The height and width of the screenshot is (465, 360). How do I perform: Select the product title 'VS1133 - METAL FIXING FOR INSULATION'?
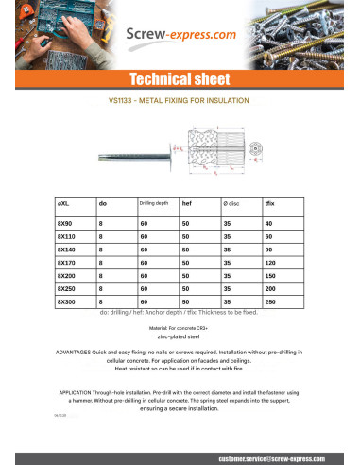coord(180,99)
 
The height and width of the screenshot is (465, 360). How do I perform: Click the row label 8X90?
coord(65,223)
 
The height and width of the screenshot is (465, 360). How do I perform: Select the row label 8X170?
coord(67,262)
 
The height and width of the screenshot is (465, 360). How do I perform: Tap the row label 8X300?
coord(67,301)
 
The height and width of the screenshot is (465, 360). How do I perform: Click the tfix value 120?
coord(270,262)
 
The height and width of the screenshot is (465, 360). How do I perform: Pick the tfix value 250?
coord(270,301)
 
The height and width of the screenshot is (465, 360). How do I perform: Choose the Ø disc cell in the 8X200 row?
coord(227,275)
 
